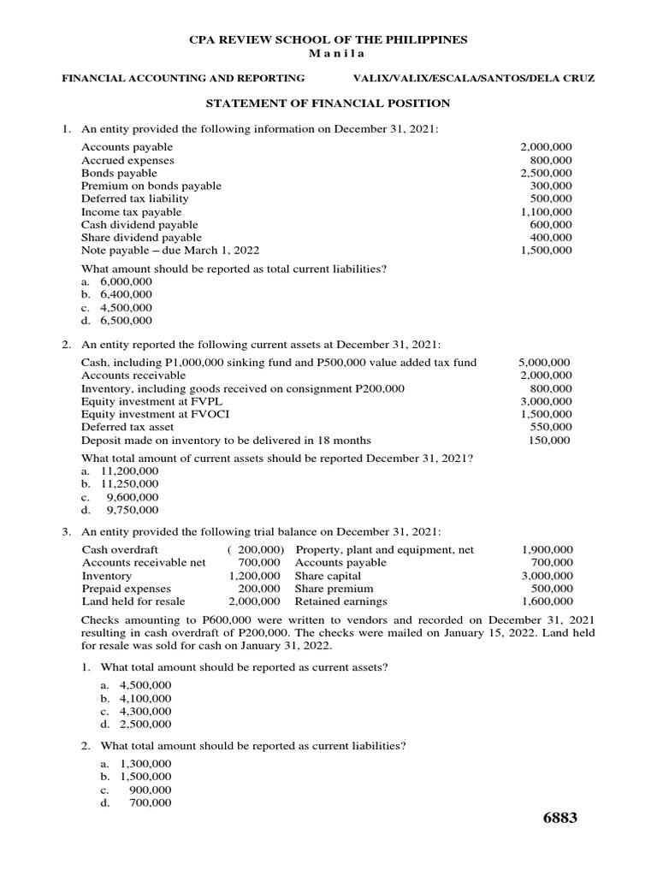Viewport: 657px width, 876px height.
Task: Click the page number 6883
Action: [560, 818]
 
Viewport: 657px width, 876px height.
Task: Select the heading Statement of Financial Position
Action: [328, 104]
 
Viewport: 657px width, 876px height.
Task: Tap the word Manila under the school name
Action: [328, 53]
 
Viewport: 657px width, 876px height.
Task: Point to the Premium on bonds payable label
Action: [151, 186]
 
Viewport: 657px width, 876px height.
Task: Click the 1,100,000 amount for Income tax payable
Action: [547, 211]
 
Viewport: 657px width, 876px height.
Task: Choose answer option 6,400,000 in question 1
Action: [126, 294]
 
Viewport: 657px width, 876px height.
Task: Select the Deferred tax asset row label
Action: [127, 427]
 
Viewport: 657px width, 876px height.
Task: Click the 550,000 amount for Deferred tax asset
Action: [550, 427]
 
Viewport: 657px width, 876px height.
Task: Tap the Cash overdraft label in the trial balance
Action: [120, 549]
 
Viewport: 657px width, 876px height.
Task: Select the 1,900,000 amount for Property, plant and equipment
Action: [547, 549]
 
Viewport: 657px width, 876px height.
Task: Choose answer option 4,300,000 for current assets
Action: [145, 711]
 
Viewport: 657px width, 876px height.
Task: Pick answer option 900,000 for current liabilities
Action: [150, 790]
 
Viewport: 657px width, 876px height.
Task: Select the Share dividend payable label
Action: [141, 237]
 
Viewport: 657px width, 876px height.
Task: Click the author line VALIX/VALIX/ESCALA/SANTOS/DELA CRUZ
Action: [473, 78]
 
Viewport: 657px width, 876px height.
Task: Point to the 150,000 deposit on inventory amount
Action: [550, 441]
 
